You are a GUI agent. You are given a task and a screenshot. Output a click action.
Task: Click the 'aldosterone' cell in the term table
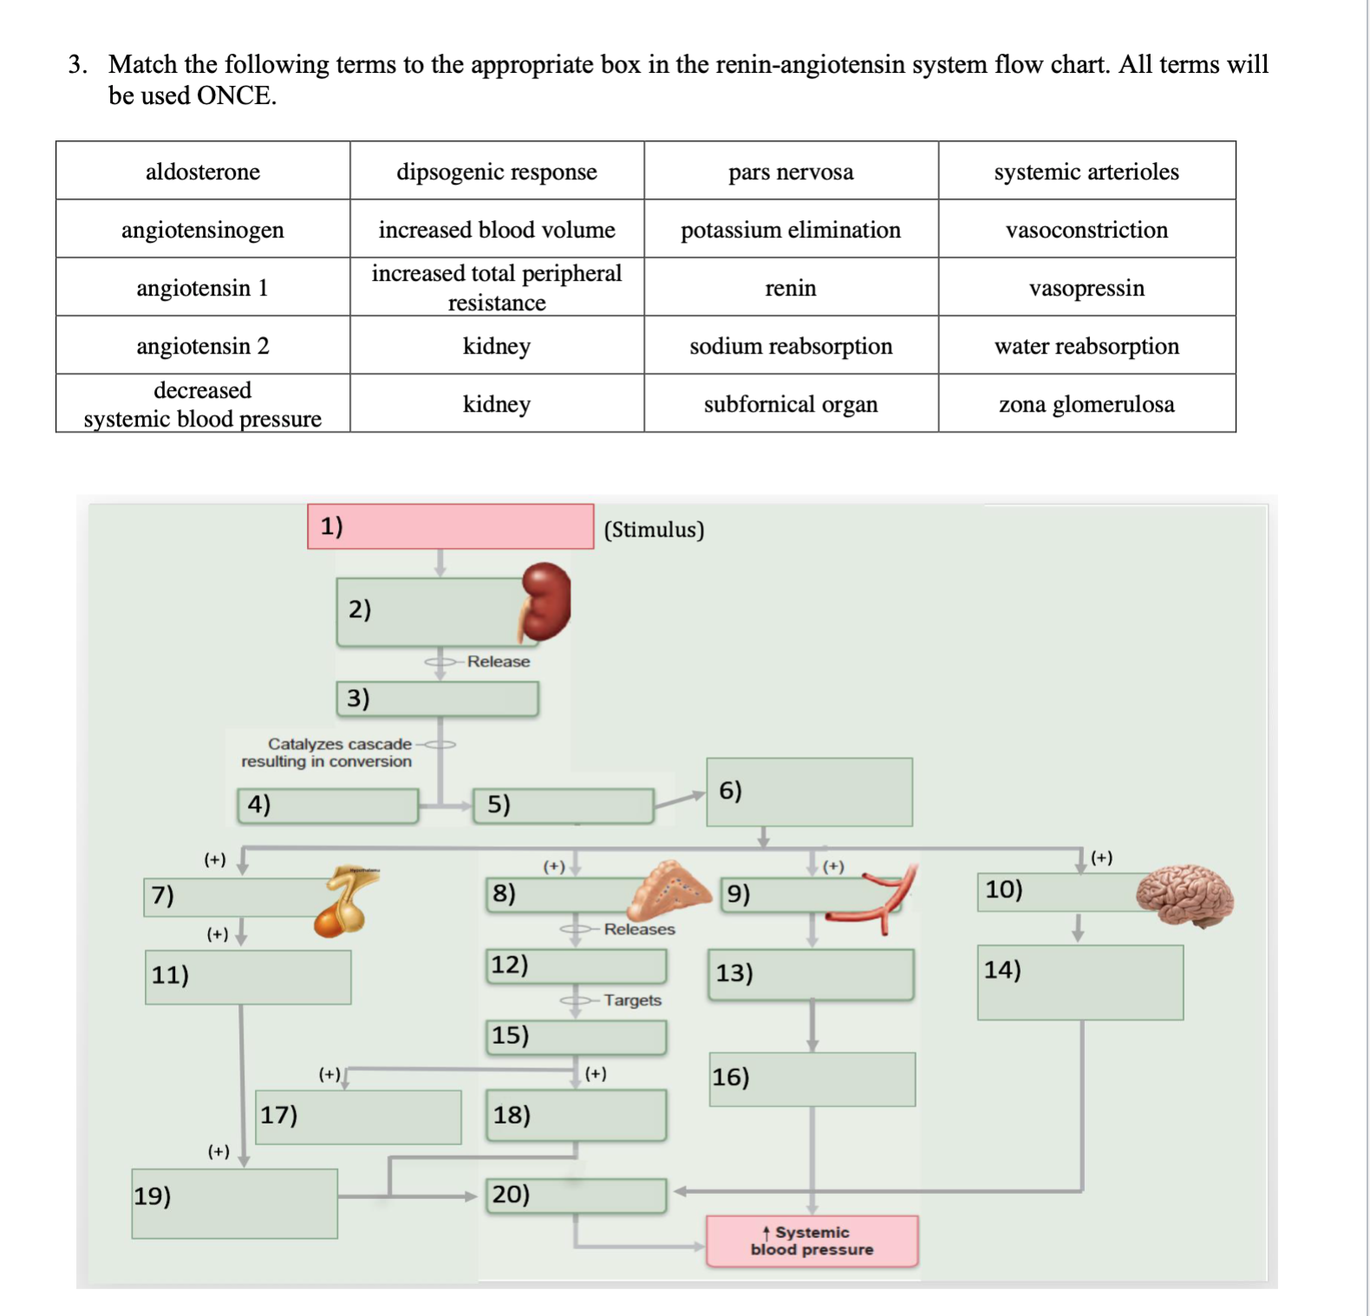tap(203, 172)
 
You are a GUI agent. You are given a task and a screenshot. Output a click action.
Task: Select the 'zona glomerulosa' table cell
tap(1086, 404)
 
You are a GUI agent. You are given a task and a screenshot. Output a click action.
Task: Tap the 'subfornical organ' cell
tap(790, 404)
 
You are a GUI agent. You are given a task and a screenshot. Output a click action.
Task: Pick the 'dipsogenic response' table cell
tap(496, 172)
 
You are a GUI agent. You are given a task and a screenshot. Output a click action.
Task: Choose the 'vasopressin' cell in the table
tap(1086, 288)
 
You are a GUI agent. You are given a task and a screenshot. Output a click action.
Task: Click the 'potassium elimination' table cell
tap(790, 230)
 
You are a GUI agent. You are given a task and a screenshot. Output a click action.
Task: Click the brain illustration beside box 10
tap(1185, 896)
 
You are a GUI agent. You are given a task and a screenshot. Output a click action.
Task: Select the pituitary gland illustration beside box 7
tap(347, 902)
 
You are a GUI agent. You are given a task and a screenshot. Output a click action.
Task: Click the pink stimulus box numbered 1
tap(450, 526)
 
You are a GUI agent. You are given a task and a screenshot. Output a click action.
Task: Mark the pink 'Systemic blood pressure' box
tap(812, 1241)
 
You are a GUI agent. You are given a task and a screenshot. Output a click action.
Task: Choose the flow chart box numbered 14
tap(1080, 982)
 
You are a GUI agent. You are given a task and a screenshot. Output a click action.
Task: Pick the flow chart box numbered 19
tap(234, 1203)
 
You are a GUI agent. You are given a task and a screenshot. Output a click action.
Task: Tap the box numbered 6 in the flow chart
tap(809, 792)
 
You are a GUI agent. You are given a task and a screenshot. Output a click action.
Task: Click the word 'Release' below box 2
tap(498, 661)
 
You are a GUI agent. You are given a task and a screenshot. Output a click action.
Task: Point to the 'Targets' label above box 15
tap(632, 1000)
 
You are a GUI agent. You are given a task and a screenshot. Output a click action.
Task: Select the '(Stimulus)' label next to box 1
tap(654, 530)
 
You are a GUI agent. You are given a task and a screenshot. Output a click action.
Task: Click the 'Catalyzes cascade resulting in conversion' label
tap(327, 752)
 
